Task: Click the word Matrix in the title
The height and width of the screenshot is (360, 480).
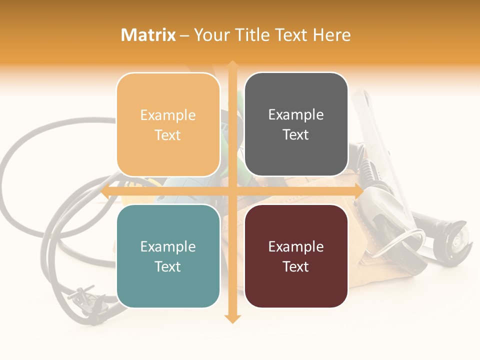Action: click(x=148, y=35)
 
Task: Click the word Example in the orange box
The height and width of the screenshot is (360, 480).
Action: click(x=168, y=115)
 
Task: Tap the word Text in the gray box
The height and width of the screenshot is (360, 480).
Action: click(x=296, y=135)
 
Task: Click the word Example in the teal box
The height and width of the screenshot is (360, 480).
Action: click(x=168, y=247)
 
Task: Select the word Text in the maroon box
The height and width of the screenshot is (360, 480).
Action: click(x=296, y=267)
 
